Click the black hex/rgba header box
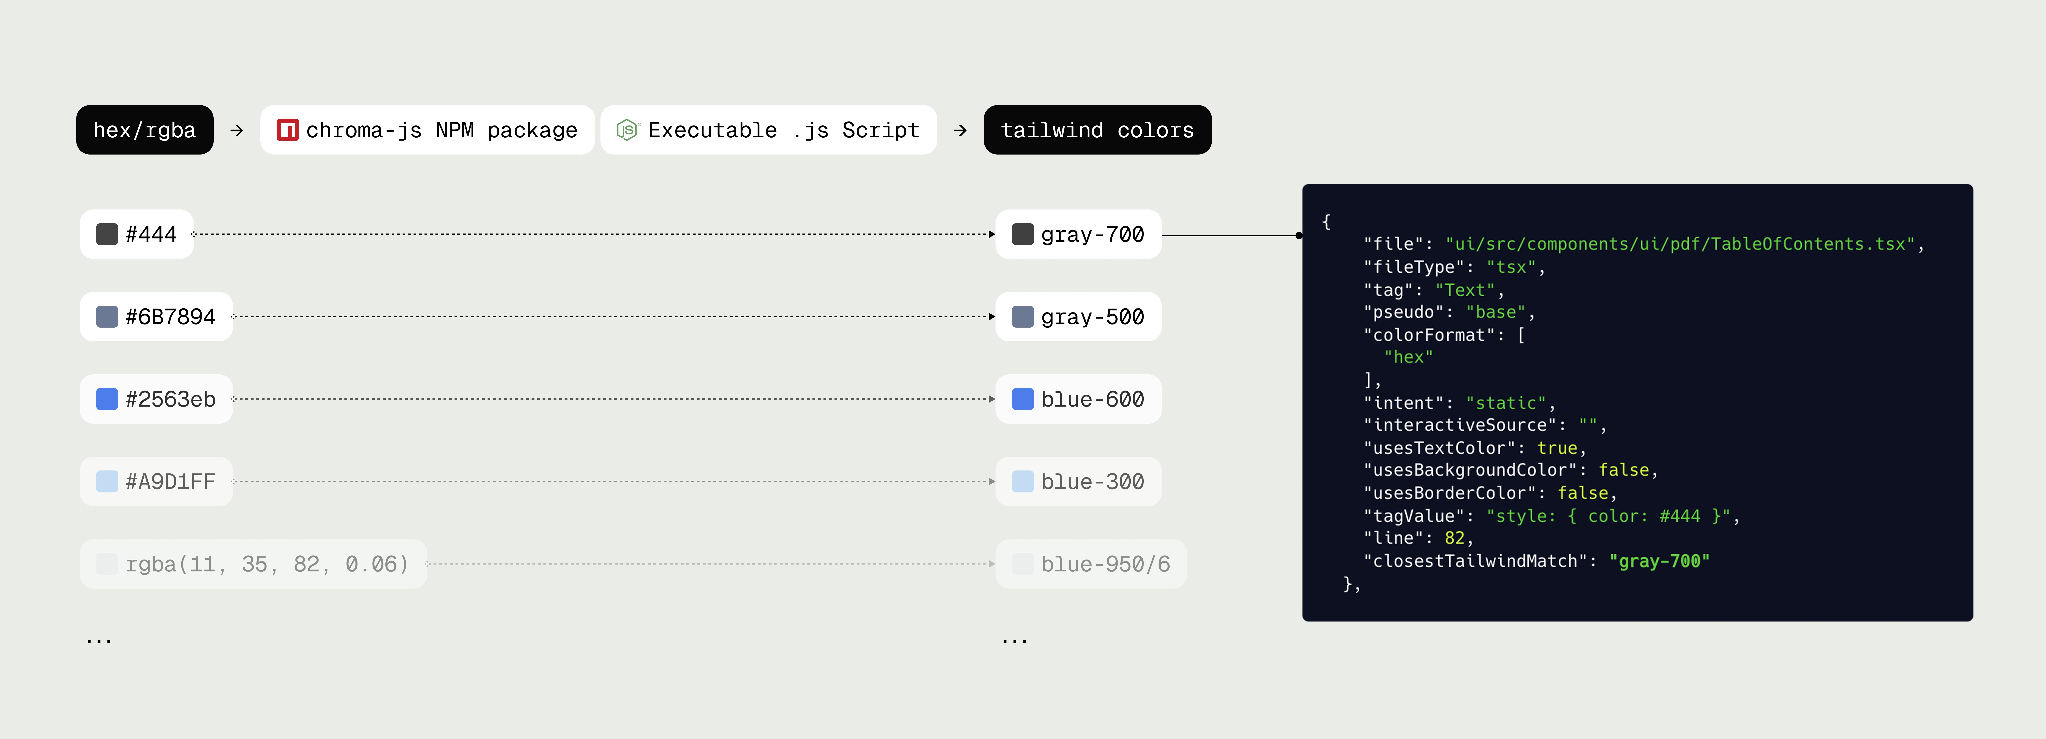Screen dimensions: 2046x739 (x=145, y=130)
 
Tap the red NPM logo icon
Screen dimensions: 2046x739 (x=287, y=130)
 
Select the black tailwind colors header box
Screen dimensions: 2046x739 (x=1097, y=130)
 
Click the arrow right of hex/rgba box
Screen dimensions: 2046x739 (x=237, y=130)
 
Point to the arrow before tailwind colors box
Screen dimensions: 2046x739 (x=960, y=130)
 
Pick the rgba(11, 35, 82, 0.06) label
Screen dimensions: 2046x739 (x=267, y=564)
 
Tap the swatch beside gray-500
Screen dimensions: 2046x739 (x=1022, y=317)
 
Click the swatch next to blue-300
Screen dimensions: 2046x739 (x=1022, y=482)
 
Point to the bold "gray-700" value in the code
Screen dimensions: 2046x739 (x=1659, y=561)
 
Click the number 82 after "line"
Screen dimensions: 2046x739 (x=1454, y=538)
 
